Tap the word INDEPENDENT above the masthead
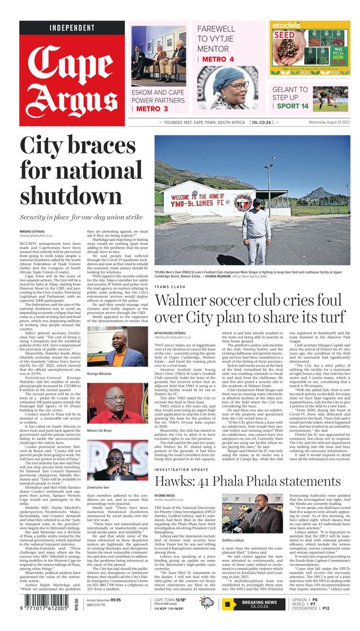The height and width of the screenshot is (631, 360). point(72,28)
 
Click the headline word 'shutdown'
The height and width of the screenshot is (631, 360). point(63,195)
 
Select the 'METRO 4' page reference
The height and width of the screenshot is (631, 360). point(218,59)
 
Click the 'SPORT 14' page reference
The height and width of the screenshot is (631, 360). point(292,106)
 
